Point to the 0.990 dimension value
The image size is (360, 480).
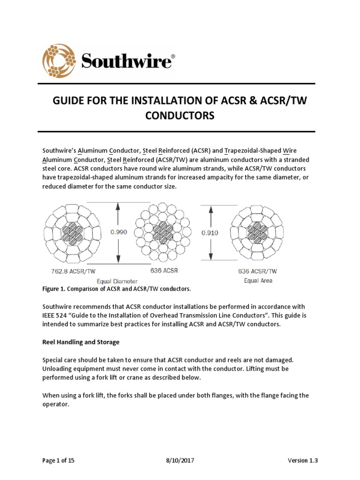(x=119, y=232)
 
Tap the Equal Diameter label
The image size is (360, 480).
(x=117, y=281)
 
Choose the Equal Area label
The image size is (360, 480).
(x=258, y=280)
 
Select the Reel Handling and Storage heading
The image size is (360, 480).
(x=81, y=342)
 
